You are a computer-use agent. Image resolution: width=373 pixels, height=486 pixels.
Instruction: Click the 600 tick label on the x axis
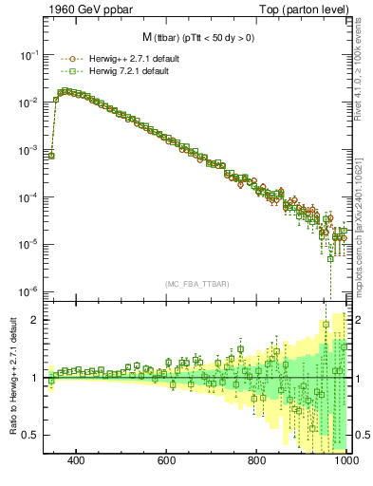(x=167, y=461)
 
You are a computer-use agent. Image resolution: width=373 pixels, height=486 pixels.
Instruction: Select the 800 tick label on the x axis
(x=257, y=461)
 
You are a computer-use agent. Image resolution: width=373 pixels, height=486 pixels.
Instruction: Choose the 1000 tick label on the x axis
(x=345, y=461)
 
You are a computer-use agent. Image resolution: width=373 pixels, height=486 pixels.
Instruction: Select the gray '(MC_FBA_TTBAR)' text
(x=196, y=282)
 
